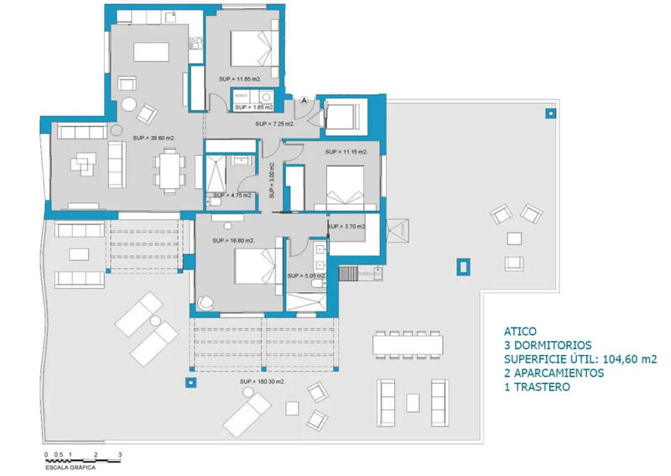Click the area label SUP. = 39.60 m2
click(x=153, y=137)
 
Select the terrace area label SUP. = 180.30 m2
click(x=262, y=381)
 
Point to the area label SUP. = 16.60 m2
click(x=233, y=241)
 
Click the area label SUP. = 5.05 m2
click(x=305, y=275)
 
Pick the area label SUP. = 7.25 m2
click(x=275, y=124)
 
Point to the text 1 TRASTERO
click(x=538, y=387)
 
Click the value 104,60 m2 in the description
click(x=625, y=358)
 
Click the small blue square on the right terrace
click(x=459, y=267)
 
